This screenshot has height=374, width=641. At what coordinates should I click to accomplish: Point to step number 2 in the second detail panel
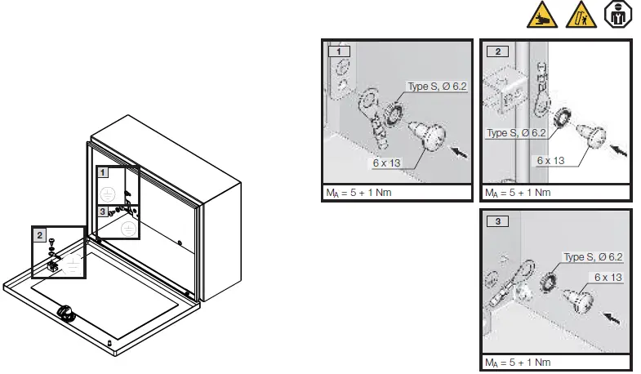(x=496, y=51)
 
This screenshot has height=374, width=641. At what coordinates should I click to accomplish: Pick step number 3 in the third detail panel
(x=496, y=220)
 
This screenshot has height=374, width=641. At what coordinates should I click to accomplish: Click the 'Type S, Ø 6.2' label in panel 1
(x=437, y=87)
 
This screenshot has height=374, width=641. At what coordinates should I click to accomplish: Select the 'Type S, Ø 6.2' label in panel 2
(x=516, y=132)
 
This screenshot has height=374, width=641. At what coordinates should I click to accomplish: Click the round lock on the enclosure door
(x=63, y=313)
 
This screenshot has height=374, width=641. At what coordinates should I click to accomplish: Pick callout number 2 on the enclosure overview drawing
(x=39, y=234)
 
